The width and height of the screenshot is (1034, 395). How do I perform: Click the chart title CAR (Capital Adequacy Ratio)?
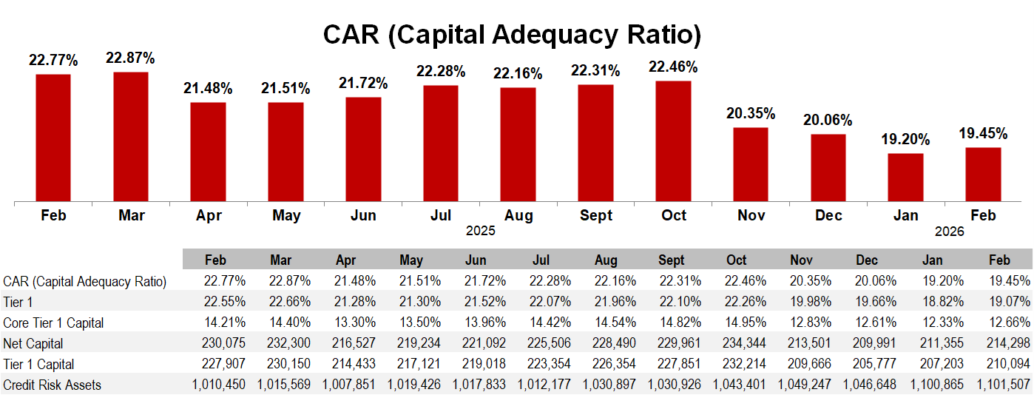(x=512, y=34)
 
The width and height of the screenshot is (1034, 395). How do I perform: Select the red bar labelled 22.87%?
(x=131, y=136)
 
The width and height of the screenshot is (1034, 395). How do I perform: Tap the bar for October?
(x=673, y=141)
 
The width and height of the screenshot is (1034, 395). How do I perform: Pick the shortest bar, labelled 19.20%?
(x=905, y=177)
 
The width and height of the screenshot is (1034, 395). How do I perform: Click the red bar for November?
(x=751, y=164)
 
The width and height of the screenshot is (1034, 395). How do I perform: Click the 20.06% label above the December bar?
(x=828, y=120)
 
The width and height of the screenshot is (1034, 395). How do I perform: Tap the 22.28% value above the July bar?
(x=441, y=71)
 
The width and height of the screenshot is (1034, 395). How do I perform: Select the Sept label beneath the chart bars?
(x=596, y=215)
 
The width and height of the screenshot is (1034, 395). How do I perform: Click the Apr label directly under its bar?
(x=209, y=215)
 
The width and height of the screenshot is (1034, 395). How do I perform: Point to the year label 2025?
(x=480, y=231)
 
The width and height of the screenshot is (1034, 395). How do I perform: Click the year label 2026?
(x=950, y=231)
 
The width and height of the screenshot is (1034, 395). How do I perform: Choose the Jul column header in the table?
(x=541, y=260)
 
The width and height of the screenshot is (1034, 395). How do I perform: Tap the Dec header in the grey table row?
(x=866, y=260)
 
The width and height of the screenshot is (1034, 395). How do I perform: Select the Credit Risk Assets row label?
(x=52, y=385)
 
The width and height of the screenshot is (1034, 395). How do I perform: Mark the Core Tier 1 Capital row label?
(x=53, y=323)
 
